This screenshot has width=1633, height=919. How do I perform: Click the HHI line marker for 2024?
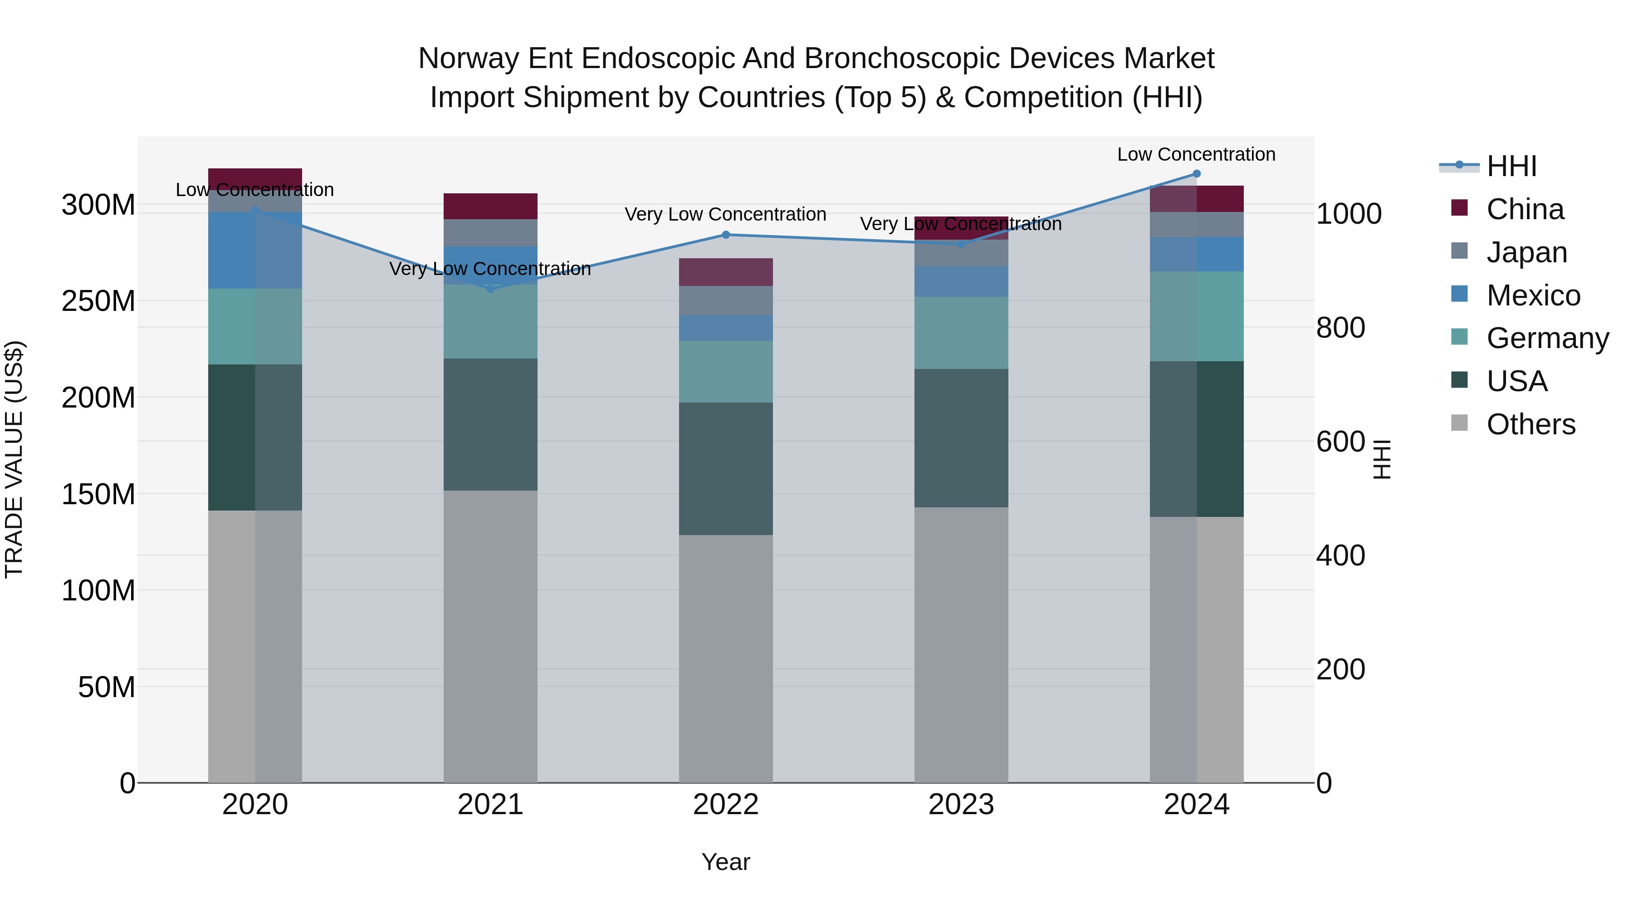pos(1196,174)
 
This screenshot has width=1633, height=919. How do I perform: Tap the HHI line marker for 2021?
pos(490,289)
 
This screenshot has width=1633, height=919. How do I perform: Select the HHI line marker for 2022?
pos(726,235)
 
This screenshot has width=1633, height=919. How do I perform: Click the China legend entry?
pos(1524,209)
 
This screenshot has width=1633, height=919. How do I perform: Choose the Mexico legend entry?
pos(1532,295)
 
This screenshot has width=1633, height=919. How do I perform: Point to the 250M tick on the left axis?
pos(98,301)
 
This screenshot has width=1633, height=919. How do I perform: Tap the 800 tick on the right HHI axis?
pos(1340,328)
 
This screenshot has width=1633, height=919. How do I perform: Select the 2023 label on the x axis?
pos(961,805)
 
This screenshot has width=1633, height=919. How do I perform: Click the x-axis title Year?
pos(726,862)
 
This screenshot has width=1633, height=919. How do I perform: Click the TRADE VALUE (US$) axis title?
pos(15,459)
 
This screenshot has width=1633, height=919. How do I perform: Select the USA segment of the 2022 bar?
pos(726,469)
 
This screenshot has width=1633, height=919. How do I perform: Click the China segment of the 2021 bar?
pos(490,206)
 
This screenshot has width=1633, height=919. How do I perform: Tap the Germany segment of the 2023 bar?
pos(961,333)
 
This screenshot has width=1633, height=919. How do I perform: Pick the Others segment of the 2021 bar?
pos(490,636)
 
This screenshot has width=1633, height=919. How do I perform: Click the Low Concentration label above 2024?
pos(1196,154)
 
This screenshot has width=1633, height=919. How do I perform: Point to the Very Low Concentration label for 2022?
pos(725,214)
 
